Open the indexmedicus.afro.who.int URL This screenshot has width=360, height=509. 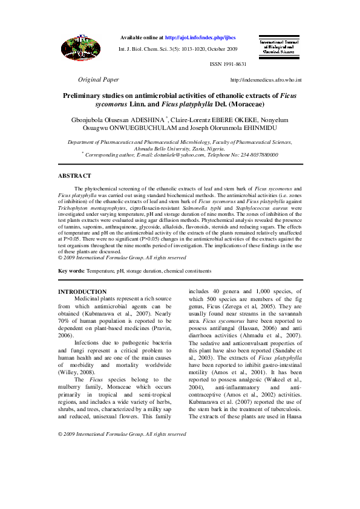tap(266, 80)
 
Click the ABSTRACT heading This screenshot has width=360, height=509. tap(74, 175)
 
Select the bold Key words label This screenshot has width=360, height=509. tap(71, 271)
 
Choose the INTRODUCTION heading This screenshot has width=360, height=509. tap(82, 292)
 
